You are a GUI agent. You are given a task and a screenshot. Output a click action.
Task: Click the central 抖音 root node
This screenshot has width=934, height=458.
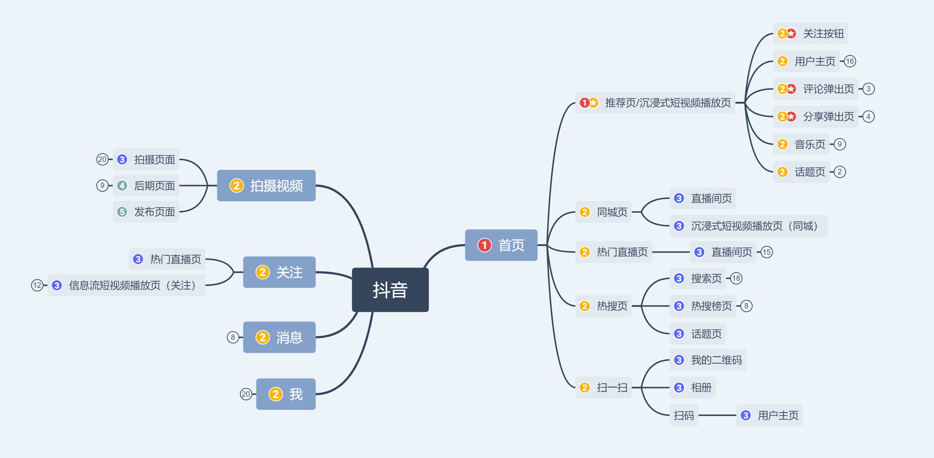[x=390, y=290]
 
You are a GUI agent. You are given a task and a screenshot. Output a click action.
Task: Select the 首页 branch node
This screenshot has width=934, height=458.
[x=501, y=245]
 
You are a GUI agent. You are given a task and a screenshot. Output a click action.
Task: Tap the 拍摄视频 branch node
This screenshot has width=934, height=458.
[x=266, y=186]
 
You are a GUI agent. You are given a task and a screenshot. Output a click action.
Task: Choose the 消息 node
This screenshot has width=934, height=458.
[x=279, y=337]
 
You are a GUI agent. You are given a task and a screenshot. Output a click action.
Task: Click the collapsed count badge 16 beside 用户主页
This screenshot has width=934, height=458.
[x=850, y=61]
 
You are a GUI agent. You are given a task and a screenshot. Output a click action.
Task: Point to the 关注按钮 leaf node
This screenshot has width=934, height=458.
[x=810, y=34]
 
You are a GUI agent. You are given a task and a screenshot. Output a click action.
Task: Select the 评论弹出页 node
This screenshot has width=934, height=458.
[x=815, y=89]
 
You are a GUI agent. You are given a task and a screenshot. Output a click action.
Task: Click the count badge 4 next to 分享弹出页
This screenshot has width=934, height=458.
[x=868, y=117]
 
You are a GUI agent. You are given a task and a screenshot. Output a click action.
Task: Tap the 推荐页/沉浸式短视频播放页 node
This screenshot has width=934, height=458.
[x=655, y=103]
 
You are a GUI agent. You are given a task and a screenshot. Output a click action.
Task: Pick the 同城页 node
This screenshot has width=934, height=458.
[x=603, y=212]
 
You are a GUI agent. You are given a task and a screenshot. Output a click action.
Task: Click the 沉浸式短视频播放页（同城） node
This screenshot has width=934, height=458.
[x=748, y=226]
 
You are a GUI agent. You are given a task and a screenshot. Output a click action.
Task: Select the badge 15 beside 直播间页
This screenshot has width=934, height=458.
[x=766, y=252]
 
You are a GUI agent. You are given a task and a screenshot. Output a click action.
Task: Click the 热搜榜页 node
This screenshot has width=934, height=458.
[x=703, y=306]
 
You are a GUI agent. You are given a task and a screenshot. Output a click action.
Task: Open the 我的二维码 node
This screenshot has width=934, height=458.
[x=708, y=360]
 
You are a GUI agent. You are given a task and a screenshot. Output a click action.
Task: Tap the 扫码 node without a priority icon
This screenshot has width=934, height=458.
[x=684, y=415]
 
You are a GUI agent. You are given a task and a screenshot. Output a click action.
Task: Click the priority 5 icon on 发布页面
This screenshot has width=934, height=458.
[x=122, y=212]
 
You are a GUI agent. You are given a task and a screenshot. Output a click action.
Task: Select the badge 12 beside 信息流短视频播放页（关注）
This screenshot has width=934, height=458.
[x=37, y=286]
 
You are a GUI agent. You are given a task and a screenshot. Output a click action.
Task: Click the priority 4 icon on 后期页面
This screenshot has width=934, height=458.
[x=122, y=186]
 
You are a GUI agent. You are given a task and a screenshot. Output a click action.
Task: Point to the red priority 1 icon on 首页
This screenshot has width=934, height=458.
[x=484, y=245]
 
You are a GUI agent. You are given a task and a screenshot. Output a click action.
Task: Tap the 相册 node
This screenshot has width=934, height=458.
[x=693, y=388]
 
